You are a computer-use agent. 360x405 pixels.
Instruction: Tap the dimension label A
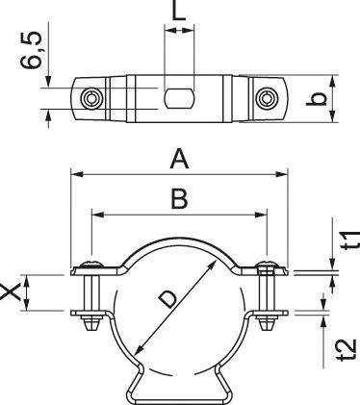click(179, 158)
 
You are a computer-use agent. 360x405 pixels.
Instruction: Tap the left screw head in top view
click(90, 98)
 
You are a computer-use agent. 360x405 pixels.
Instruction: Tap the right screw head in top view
click(267, 98)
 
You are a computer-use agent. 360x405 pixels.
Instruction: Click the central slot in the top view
click(179, 98)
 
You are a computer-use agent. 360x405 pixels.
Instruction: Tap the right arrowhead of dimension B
click(262, 214)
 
